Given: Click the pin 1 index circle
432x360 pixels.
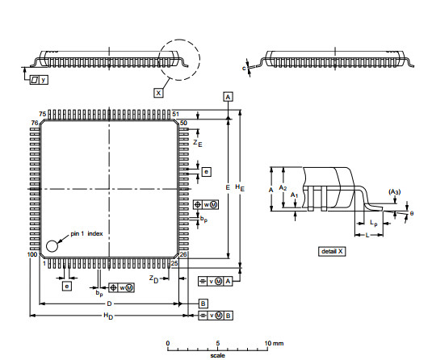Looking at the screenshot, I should tap(52, 245).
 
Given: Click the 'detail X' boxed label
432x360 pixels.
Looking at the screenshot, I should tap(333, 251).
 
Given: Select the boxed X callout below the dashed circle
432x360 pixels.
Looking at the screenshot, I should tap(157, 93).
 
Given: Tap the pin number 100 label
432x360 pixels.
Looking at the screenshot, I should tap(32, 254).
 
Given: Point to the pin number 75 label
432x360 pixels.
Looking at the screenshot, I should tap(42, 114).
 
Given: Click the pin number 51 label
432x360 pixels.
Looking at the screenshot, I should tap(175, 114).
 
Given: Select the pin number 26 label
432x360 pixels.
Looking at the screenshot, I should tap(183, 254).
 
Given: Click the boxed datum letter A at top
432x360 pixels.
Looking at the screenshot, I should tap(229, 96).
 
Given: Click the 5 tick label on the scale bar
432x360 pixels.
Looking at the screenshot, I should tap(217, 343).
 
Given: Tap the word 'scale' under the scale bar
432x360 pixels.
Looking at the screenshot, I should tap(218, 354).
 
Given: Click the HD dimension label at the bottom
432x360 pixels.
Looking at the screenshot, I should tap(107, 316).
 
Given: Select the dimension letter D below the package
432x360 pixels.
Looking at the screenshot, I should tap(108, 303).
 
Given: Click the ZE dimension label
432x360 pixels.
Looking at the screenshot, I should tap(197, 142).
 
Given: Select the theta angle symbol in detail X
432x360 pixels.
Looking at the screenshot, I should tap(411, 213).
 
